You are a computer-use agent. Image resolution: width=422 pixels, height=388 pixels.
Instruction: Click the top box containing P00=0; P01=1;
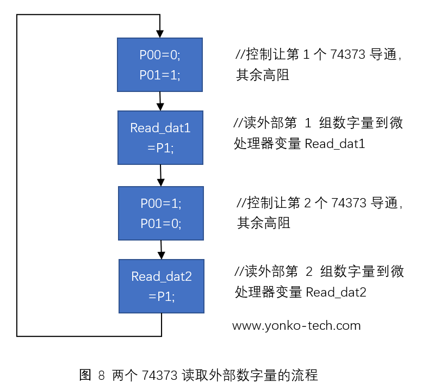coord(160,65)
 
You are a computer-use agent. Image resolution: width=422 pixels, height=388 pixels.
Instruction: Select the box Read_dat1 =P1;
coord(160,138)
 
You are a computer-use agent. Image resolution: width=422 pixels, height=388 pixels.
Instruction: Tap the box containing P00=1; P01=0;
coord(161,213)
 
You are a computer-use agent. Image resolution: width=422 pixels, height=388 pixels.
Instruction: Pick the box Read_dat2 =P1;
coord(162,286)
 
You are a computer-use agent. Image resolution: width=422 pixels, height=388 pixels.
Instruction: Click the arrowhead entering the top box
coord(159,33)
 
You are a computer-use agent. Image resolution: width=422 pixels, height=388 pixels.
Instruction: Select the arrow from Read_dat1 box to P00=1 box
coord(161,176)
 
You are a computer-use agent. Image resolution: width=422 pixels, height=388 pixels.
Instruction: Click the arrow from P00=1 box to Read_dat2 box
coord(162,250)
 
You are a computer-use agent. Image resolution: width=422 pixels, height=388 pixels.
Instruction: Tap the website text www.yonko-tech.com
coord(296,326)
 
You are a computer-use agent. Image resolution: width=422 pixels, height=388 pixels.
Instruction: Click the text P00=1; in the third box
coord(161,204)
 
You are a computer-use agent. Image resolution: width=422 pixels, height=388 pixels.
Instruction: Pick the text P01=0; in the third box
coord(161,223)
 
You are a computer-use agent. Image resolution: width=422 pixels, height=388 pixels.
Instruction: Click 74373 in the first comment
coord(348,55)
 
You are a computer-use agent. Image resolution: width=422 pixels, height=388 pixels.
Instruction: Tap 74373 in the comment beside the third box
coord(348,204)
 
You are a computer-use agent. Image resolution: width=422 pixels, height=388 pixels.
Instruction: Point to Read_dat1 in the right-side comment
coord(334,144)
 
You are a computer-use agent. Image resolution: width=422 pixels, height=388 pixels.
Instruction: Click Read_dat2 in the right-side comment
coord(336,293)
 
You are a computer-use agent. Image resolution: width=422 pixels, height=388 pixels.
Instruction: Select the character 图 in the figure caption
coord(85,375)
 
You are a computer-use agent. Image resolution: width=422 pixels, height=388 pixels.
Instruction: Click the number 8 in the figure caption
coord(101,375)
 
